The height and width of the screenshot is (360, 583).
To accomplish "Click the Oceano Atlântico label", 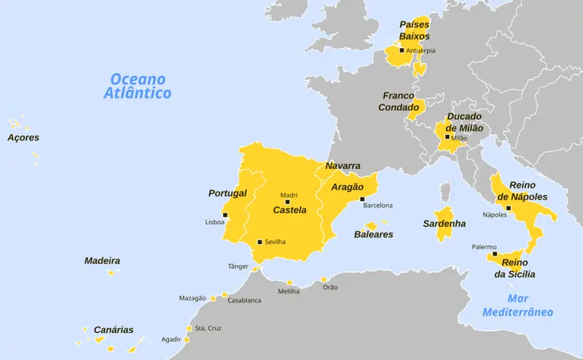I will pyautogui.click(x=138, y=86).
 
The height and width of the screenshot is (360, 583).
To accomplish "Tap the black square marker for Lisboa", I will pyautogui.click(x=225, y=215).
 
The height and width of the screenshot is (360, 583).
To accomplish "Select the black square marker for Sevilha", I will pyautogui.click(x=259, y=242).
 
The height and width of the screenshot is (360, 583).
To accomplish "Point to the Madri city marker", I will pyautogui.click(x=287, y=202).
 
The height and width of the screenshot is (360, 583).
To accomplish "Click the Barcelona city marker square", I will pyautogui.click(x=362, y=198).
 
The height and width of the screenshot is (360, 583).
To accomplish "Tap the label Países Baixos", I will pyautogui.click(x=414, y=30).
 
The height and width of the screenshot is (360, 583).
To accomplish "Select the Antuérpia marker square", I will pyautogui.click(x=402, y=50).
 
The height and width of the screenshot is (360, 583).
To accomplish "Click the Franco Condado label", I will pyautogui.click(x=398, y=101).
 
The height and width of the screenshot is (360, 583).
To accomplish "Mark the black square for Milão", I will pyautogui.click(x=447, y=137).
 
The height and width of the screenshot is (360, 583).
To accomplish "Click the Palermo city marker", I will pyautogui.click(x=495, y=254).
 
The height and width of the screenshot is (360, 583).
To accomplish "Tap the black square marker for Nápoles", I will pyautogui.click(x=509, y=208).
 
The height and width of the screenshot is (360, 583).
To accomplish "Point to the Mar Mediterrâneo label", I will pyautogui.click(x=517, y=305).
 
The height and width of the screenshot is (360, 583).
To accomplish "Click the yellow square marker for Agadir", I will pyautogui.click(x=187, y=339).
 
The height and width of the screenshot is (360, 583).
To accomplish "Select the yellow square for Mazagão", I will pyautogui.click(x=214, y=298).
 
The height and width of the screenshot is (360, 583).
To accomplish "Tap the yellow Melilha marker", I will pyautogui.click(x=289, y=283).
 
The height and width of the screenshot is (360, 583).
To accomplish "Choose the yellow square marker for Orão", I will pyautogui.click(x=324, y=279).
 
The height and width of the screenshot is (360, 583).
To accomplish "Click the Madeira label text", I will pyautogui.click(x=102, y=260).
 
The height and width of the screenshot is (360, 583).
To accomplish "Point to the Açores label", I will pyautogui.click(x=23, y=137).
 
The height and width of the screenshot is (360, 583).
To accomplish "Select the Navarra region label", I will pyautogui.click(x=343, y=165).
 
